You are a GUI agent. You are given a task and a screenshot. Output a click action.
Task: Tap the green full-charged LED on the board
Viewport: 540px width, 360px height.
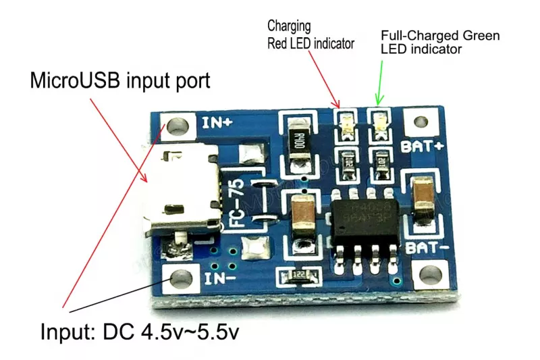pos(379,123)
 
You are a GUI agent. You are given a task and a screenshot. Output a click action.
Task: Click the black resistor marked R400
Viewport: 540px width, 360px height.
pos(298,141)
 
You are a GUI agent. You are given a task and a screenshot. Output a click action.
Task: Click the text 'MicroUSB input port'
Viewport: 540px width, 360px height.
pos(120,82)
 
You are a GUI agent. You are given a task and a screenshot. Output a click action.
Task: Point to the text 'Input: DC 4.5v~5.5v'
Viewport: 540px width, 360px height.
pos(140,332)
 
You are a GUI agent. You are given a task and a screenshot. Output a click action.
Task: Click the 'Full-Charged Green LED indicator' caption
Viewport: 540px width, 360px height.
pos(439,42)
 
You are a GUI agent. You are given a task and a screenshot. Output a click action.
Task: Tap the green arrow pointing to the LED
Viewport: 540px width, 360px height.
pos(382,81)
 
